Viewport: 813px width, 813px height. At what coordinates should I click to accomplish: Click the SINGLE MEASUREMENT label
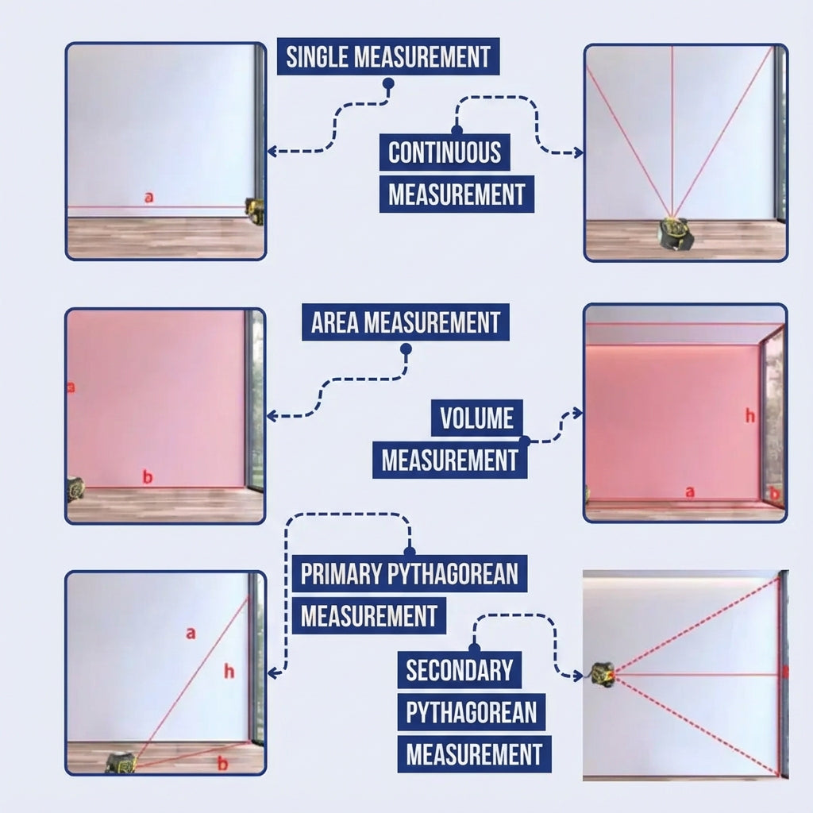click(388, 56)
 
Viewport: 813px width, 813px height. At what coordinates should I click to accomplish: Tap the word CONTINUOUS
click(445, 152)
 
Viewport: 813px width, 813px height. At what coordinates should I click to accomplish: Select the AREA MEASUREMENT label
click(406, 322)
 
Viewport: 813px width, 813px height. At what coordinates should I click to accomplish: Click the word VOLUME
click(477, 418)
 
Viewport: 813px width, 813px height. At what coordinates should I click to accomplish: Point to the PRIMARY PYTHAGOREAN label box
click(410, 573)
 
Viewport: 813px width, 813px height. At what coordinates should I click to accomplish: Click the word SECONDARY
click(460, 670)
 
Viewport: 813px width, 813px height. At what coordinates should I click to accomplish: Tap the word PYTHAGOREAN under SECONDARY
click(472, 712)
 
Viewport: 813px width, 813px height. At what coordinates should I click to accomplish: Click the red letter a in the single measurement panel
click(149, 198)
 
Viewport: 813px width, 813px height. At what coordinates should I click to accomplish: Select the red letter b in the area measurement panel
click(148, 476)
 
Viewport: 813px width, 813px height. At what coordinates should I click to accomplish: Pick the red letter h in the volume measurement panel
click(750, 415)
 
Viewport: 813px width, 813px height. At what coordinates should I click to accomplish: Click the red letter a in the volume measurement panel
click(690, 491)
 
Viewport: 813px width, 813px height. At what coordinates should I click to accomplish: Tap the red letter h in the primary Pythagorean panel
click(229, 672)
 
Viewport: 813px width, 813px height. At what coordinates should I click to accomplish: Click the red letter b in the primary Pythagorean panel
click(223, 763)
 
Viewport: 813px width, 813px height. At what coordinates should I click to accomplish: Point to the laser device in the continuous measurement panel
click(676, 234)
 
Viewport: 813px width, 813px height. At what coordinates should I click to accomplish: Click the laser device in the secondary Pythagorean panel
click(603, 675)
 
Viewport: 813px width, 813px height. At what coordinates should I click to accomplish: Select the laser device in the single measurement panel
click(255, 211)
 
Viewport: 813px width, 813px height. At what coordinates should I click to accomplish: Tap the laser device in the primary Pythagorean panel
click(121, 762)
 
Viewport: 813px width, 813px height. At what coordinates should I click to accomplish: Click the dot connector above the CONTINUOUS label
click(457, 129)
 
